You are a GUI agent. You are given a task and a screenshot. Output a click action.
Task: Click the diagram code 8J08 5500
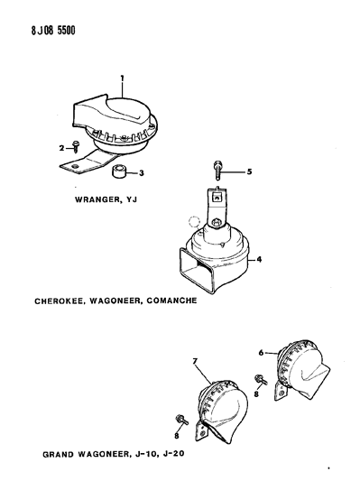[53, 31]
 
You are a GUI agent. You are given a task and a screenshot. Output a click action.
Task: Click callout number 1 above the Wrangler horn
[123, 79]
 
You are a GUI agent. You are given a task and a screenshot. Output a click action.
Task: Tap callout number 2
[61, 148]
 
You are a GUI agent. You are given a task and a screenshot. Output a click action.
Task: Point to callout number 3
[142, 173]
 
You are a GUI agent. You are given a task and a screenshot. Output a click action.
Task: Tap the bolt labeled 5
[217, 170]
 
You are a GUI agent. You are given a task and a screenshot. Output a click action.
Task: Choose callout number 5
[249, 171]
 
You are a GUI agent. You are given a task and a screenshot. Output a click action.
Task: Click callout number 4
[259, 260]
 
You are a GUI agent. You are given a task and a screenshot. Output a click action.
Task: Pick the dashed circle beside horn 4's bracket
[194, 221]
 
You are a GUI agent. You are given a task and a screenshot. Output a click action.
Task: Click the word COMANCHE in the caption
[171, 301]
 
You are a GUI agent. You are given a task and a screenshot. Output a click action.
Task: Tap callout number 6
[261, 353]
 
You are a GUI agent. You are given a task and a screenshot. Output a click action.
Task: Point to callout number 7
[195, 361]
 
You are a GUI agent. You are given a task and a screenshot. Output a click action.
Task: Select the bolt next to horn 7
[182, 420]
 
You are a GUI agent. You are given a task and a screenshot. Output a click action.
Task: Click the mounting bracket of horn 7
[201, 430]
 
